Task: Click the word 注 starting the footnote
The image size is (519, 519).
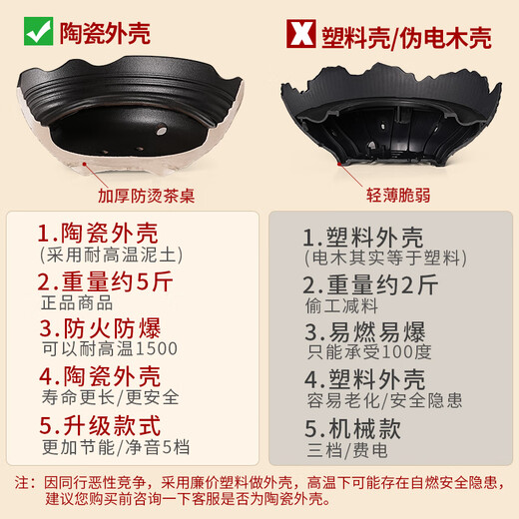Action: coord(23,481)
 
